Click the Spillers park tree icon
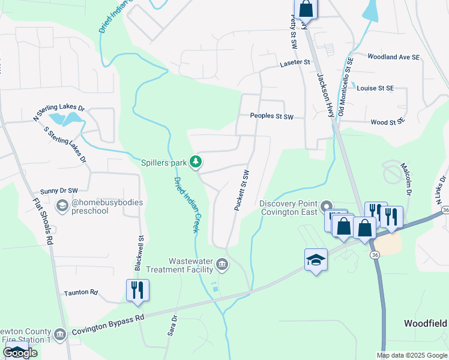coord(196,161)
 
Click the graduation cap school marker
coord(316,260)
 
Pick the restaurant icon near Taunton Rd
coord(137,290)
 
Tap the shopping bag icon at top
coord(305,8)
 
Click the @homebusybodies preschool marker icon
coord(62,206)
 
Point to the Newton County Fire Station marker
coord(59,334)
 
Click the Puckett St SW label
coord(241,190)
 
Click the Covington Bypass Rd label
coord(107,324)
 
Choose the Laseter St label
coord(295,62)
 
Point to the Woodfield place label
coord(425,323)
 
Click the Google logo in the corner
coord(19,353)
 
